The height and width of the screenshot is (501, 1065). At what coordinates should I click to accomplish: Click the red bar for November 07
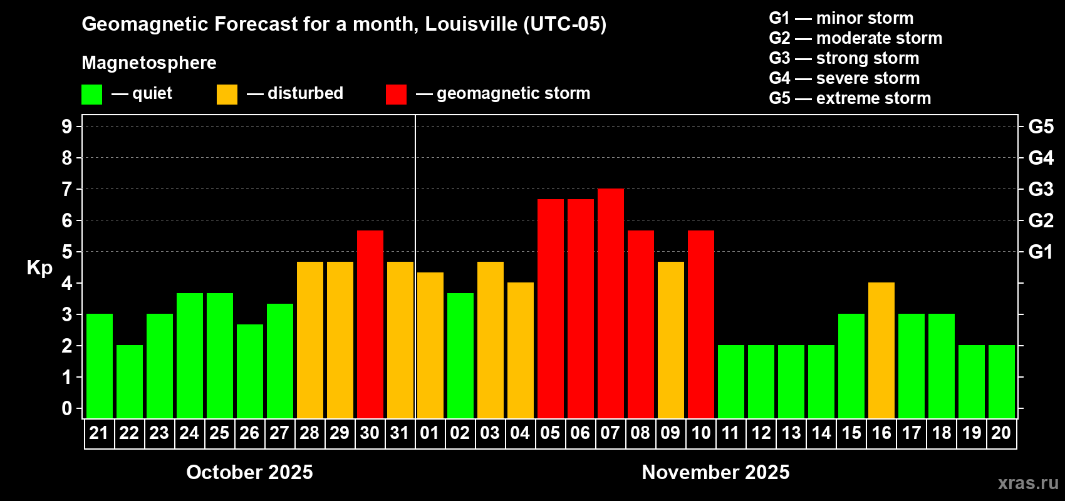click(x=610, y=303)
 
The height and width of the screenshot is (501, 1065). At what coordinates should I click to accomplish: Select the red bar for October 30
click(x=370, y=324)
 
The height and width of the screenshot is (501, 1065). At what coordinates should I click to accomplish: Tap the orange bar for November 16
click(x=881, y=350)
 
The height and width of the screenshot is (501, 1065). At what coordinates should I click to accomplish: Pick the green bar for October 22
click(x=129, y=381)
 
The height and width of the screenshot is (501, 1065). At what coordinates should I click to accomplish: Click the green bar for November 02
click(x=460, y=355)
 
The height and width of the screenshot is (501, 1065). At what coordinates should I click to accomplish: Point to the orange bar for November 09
click(x=670, y=339)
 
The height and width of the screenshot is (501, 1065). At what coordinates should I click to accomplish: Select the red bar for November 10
click(x=700, y=324)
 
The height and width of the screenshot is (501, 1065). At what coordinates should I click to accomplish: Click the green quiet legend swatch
click(x=91, y=95)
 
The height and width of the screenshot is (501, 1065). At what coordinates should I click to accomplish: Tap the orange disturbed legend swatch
click(x=227, y=95)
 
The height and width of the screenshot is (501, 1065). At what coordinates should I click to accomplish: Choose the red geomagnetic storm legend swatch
click(x=396, y=95)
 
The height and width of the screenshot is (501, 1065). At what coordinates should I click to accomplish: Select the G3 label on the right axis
click(x=1041, y=189)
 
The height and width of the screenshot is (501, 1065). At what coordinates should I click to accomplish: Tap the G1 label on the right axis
click(x=1041, y=252)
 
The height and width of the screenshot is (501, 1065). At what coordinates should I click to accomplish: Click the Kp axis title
click(x=39, y=267)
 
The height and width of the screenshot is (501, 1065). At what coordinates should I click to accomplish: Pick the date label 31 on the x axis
click(x=400, y=433)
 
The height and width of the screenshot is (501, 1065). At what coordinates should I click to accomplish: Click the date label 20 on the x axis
click(x=1001, y=433)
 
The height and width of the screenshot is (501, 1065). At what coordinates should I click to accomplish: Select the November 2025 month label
click(x=715, y=472)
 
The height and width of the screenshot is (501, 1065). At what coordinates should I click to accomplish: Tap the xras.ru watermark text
click(x=1027, y=483)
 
